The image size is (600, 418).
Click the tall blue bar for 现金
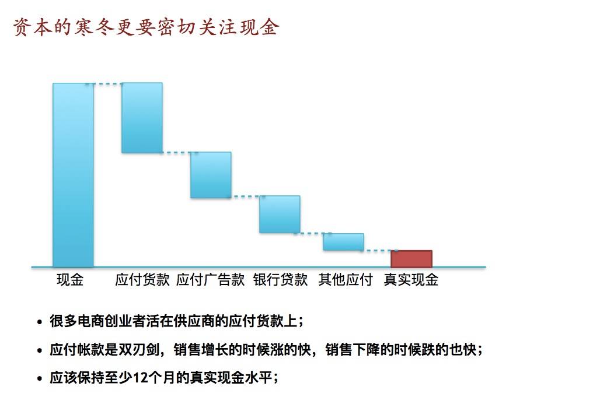73,175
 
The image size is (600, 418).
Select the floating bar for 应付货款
142,118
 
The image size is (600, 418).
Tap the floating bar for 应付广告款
211,175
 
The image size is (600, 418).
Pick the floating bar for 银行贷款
280,215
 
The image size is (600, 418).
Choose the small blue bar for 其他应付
344,242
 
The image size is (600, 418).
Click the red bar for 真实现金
411,259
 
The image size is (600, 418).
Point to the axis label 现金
70,280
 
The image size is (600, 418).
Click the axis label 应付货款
142,280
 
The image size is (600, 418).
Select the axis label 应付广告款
211,280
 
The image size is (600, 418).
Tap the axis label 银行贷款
281,280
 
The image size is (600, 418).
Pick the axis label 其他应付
346,280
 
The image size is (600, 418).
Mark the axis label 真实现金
411,280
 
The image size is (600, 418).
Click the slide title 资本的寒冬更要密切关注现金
146,27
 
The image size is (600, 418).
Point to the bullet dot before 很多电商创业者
40,322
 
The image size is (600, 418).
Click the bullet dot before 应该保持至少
40,378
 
